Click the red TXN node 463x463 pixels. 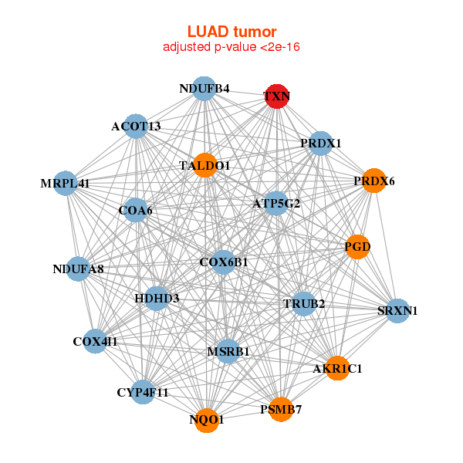pyautogui.click(x=277, y=96)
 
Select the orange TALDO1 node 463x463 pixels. pyautogui.click(x=205, y=165)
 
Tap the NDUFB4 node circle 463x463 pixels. pyautogui.click(x=204, y=89)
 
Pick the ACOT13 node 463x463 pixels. pyautogui.click(x=136, y=127)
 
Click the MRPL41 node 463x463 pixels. pyautogui.click(x=66, y=184)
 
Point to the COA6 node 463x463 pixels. pyautogui.click(x=136, y=210)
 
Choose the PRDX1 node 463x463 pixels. pyautogui.click(x=320, y=144)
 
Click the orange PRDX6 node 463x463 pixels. pyautogui.click(x=374, y=181)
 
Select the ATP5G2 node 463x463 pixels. pyautogui.click(x=276, y=204)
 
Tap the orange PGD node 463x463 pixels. pyautogui.click(x=357, y=247)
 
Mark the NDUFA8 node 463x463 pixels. pyautogui.click(x=79, y=269)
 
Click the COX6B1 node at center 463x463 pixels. pyautogui.click(x=224, y=262)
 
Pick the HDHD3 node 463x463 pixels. pyautogui.click(x=157, y=298)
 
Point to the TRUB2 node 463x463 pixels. pyautogui.click(x=304, y=303)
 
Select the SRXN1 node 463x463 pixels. pyautogui.click(x=397, y=311)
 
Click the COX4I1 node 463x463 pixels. pyautogui.click(x=95, y=341)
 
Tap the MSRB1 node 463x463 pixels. pyautogui.click(x=228, y=352)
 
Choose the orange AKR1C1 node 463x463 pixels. pyautogui.click(x=337, y=368)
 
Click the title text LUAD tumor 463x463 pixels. pyautogui.click(x=231, y=32)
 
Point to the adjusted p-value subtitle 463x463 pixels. pyautogui.click(x=231, y=47)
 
